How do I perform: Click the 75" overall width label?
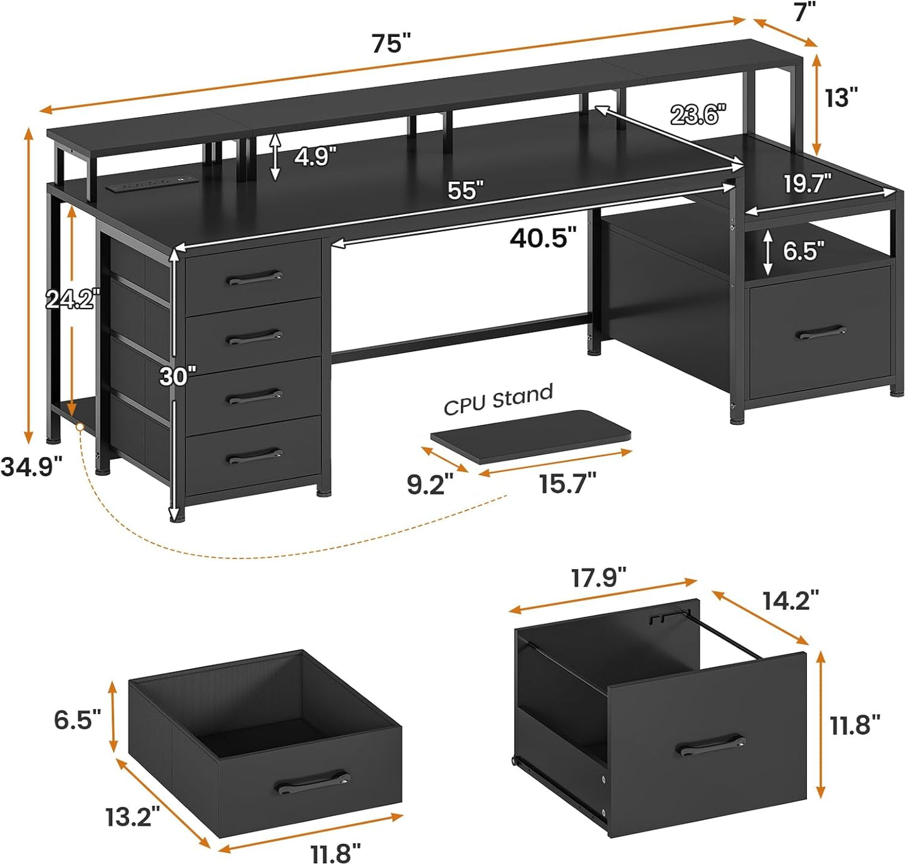[391, 44]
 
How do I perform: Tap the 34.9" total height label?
[31, 466]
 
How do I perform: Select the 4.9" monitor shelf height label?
[315, 156]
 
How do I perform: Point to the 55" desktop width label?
[465, 191]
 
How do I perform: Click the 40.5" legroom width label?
[542, 238]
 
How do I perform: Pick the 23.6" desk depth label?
[698, 115]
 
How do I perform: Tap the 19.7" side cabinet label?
[808, 184]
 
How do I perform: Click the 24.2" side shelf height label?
[73, 300]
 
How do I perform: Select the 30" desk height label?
[177, 376]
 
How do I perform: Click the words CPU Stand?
[498, 400]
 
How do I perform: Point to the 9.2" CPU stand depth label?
[430, 485]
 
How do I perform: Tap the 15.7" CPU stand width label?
[567, 483]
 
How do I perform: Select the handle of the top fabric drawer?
[254, 278]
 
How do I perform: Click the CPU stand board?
[530, 436]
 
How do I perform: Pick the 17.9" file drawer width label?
[598, 578]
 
